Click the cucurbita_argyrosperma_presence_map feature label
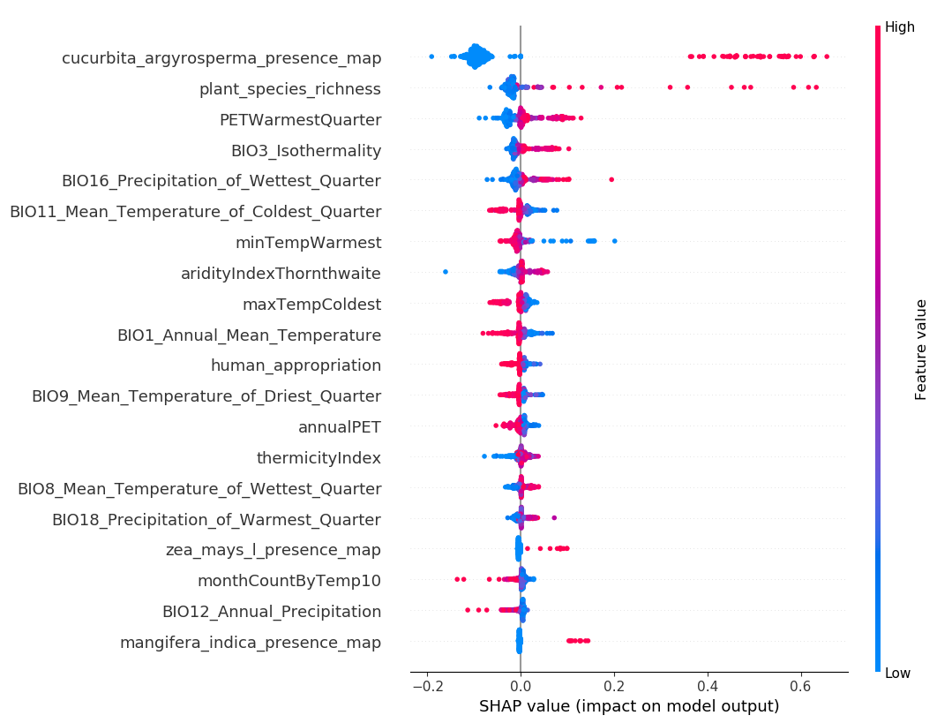click(221, 58)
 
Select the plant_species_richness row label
click(289, 89)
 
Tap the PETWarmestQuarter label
click(300, 120)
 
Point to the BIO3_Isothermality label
click(306, 151)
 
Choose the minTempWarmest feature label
click(308, 243)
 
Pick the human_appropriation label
click(296, 365)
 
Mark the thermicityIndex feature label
click(319, 458)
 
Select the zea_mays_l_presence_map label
click(274, 550)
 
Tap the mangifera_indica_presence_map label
click(251, 643)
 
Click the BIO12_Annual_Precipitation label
click(272, 612)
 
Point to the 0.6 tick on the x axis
click(800, 687)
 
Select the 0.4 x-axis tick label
click(707, 687)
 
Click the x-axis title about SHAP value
click(629, 706)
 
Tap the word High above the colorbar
click(900, 27)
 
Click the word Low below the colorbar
click(898, 674)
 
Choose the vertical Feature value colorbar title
click(921, 350)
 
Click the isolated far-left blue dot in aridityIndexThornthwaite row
click(445, 272)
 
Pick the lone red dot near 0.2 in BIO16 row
click(611, 179)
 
